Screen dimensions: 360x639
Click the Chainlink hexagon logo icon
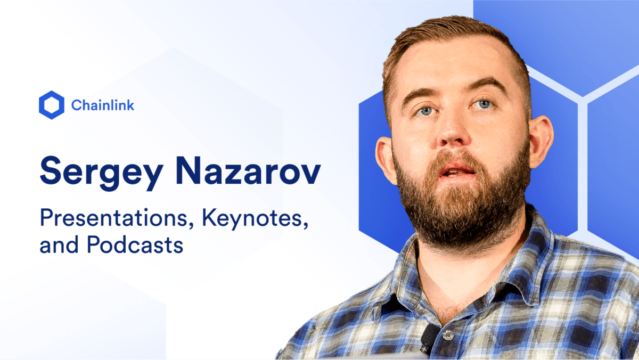52,105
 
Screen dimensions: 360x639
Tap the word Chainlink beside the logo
103,105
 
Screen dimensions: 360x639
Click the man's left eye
425,110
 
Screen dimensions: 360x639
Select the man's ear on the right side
542,140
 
